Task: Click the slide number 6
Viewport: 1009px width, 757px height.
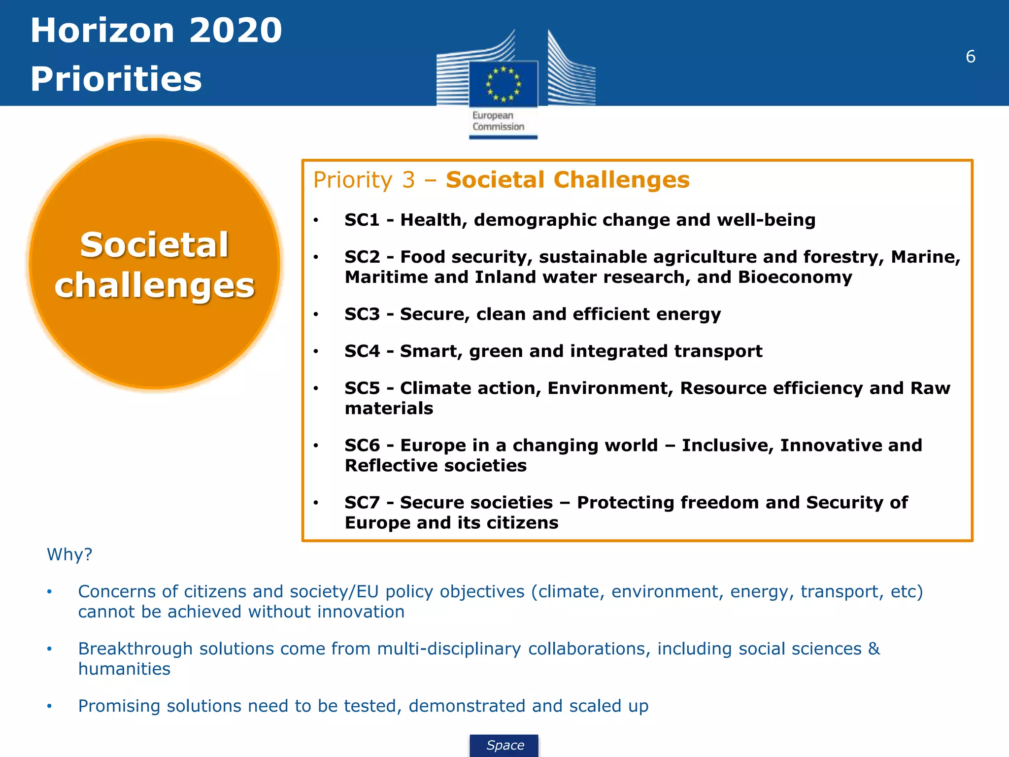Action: [970, 57]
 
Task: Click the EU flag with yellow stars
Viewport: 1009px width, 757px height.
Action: [503, 84]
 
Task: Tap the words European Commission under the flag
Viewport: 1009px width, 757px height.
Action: [498, 121]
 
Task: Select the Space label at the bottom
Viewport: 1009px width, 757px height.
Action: [505, 745]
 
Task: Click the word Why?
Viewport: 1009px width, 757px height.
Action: [69, 554]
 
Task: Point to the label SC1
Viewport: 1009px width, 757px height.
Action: [362, 220]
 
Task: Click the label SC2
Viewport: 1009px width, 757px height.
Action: [362, 257]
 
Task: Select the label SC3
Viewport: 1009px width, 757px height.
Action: [362, 314]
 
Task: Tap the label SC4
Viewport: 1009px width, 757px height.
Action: [362, 351]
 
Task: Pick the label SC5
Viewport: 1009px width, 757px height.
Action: [362, 388]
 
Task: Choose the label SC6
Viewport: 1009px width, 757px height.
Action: [362, 445]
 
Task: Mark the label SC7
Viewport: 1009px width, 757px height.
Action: [362, 502]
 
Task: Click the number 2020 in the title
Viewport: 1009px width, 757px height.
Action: [235, 31]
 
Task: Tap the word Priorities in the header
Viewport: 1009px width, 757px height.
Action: [116, 79]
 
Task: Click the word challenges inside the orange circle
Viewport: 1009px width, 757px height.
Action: [155, 286]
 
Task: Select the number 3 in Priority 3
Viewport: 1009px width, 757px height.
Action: [408, 180]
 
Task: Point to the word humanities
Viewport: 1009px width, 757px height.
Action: [124, 669]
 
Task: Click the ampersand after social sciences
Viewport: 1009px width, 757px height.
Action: [874, 649]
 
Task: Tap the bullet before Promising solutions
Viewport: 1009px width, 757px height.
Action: [49, 706]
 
